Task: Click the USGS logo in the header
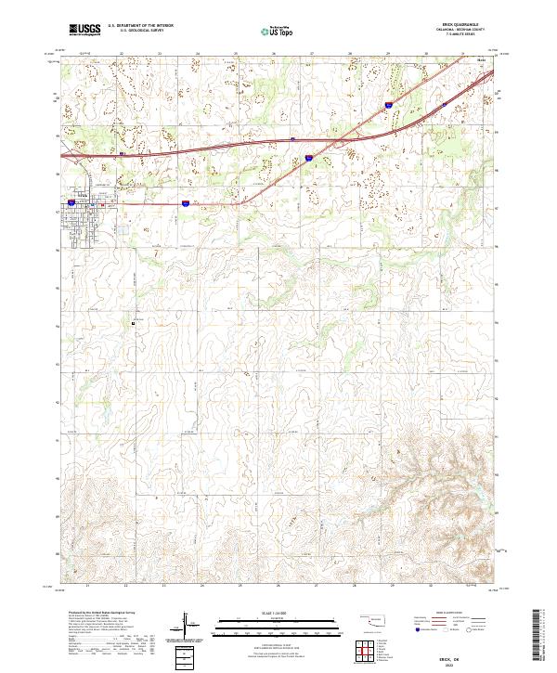[84, 31]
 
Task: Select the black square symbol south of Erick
[133, 324]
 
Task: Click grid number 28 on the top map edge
[350, 55]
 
